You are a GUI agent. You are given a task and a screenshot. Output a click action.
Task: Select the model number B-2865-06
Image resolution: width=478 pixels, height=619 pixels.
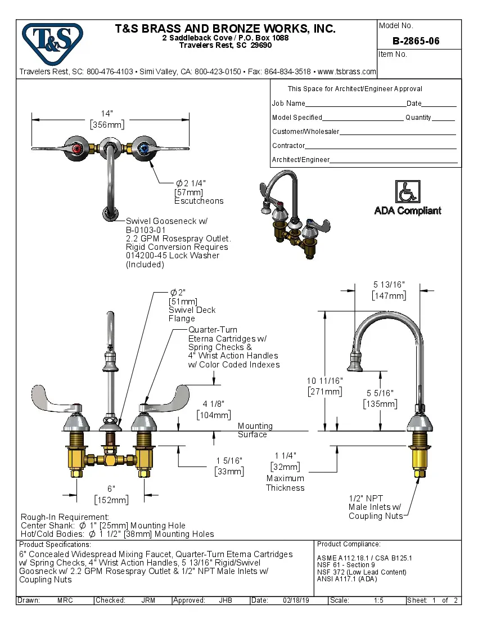(x=416, y=41)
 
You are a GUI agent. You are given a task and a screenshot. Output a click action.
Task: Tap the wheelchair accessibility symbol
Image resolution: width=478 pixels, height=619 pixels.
(x=408, y=191)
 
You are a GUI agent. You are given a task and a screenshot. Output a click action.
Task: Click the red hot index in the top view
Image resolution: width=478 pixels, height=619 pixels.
(x=76, y=149)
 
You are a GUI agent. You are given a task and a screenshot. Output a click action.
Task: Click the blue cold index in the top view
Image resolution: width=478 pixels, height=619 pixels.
(x=145, y=149)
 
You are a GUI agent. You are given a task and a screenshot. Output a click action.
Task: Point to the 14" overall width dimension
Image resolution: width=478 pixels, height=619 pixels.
(x=107, y=119)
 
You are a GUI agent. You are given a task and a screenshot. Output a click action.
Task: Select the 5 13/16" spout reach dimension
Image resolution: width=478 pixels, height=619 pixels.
(x=389, y=290)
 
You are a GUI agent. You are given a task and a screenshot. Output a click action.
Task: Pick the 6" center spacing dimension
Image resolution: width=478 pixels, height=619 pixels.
(x=111, y=494)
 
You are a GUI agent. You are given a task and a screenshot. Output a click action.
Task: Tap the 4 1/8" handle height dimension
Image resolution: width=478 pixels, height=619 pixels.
(x=214, y=409)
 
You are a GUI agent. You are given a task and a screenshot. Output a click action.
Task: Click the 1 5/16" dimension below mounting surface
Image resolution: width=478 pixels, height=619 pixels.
(x=229, y=466)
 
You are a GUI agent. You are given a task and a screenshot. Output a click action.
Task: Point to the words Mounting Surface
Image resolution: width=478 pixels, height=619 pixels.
(x=255, y=430)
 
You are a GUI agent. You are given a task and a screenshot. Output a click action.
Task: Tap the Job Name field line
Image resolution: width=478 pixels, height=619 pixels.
(x=355, y=104)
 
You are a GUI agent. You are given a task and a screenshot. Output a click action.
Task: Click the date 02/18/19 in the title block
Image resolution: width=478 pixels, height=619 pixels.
(x=294, y=600)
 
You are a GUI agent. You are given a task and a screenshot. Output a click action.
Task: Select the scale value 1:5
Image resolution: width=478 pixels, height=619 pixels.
(x=378, y=600)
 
